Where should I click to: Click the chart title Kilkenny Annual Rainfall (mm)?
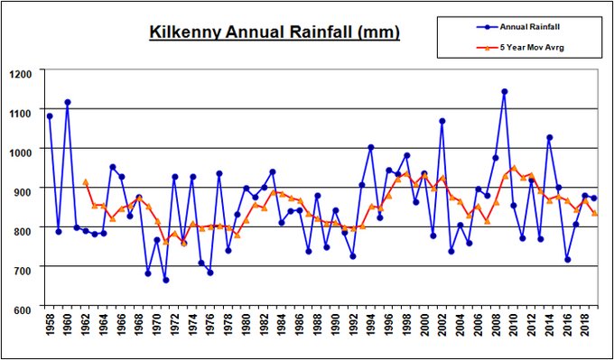[x=274, y=33]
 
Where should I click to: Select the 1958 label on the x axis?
[x=49, y=333]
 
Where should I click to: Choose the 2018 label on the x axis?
[x=584, y=333]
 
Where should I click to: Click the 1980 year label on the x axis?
[x=245, y=333]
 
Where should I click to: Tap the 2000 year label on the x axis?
[x=423, y=333]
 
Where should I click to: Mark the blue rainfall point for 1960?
[x=68, y=102]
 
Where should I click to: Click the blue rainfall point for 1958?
[x=50, y=116]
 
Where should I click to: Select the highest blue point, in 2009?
[x=505, y=91]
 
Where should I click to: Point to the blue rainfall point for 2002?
[x=442, y=121]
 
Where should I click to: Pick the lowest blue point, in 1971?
[x=165, y=280]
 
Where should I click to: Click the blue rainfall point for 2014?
[x=549, y=137]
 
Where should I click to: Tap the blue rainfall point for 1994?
[x=370, y=147]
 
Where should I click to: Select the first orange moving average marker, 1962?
[x=85, y=182]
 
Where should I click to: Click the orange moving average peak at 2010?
[x=514, y=168]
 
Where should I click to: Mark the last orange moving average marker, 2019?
[x=593, y=214]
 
